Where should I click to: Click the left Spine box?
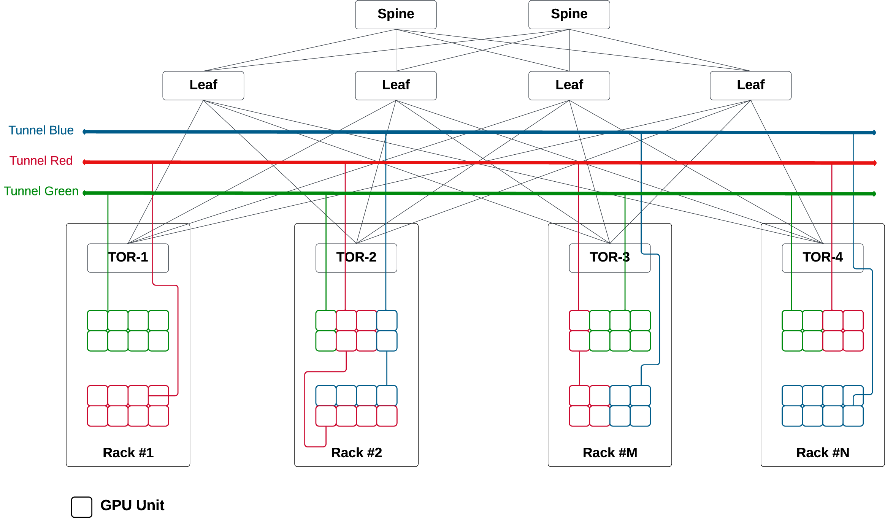396,14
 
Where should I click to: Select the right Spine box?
569,14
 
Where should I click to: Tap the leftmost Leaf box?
203,86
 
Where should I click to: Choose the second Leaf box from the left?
396,86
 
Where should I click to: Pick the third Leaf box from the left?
569,86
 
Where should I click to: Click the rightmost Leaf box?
750,86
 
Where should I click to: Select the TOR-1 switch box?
128,258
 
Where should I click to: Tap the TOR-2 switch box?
356,258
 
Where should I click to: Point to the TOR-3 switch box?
609,258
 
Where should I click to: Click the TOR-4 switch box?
822,258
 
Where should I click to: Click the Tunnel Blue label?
41,130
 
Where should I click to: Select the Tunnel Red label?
41,161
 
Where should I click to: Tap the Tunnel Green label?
41,191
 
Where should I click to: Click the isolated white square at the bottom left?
82,507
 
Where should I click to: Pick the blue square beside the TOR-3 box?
664,263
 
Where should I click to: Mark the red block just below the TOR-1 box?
165,297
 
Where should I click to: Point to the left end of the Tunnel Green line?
84,193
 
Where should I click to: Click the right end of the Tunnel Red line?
875,163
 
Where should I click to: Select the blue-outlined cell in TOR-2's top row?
387,320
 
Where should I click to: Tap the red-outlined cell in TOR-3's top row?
579,320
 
